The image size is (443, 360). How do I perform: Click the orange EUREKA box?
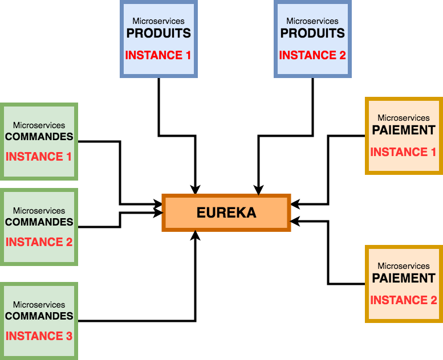pos(226,213)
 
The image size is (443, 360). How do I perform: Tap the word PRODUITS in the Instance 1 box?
pos(158,33)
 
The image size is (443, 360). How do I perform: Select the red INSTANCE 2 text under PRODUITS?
pos(312,55)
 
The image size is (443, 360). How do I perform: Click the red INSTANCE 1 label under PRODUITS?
pos(158,55)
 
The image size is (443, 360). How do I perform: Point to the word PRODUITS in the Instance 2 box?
pos(312,33)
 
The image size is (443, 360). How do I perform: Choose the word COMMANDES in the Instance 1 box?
pos(39,137)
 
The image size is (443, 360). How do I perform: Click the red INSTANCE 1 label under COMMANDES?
pos(39,157)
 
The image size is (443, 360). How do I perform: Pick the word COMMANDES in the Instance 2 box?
pos(39,222)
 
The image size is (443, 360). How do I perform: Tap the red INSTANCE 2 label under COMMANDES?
pos(39,242)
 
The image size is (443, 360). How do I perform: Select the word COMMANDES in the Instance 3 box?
pos(39,316)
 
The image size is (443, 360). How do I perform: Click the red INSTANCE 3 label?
pos(39,336)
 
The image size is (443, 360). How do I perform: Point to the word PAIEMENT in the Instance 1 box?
pos(404,130)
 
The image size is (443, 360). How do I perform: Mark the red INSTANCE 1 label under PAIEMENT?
pos(404,152)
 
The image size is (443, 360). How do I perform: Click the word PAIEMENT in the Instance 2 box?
pos(404,278)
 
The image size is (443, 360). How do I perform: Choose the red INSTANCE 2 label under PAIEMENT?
pos(404,300)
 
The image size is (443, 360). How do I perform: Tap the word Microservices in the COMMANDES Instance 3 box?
pos(39,305)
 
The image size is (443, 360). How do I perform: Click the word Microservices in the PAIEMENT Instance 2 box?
pos(404,266)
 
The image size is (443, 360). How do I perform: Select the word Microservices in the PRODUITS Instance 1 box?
pos(158,21)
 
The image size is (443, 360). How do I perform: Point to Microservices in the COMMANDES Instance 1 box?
pos(39,125)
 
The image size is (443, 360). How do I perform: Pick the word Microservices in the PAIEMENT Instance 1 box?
pos(404,118)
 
